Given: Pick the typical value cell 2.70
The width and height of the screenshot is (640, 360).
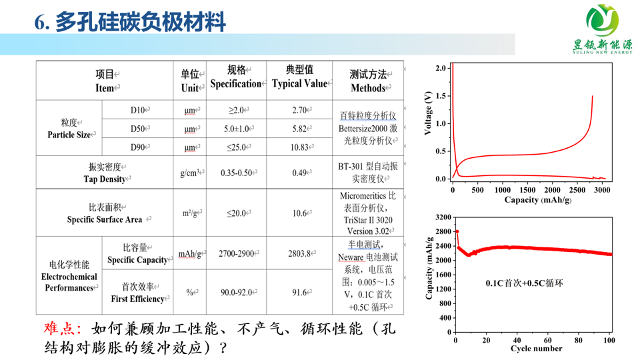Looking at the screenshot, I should click(x=299, y=110).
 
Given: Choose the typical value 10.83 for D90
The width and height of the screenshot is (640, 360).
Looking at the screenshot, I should click(x=299, y=147).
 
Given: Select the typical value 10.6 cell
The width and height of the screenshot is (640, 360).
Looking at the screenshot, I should click(x=299, y=213).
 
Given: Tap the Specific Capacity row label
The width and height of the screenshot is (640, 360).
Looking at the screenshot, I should click(x=137, y=254).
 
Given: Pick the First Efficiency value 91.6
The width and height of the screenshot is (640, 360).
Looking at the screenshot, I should click(x=299, y=293).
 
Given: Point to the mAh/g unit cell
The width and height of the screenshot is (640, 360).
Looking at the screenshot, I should click(x=190, y=254).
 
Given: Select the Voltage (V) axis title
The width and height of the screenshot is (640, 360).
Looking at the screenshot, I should click(x=429, y=113).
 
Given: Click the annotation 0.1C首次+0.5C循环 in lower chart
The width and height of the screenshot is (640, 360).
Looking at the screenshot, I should click(x=524, y=283).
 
